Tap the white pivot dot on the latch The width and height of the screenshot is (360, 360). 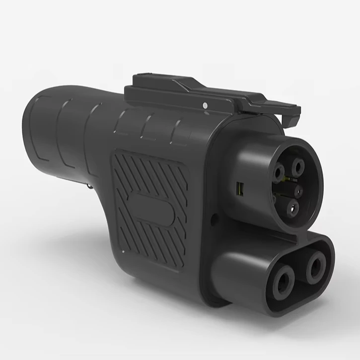pos(206,105)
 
